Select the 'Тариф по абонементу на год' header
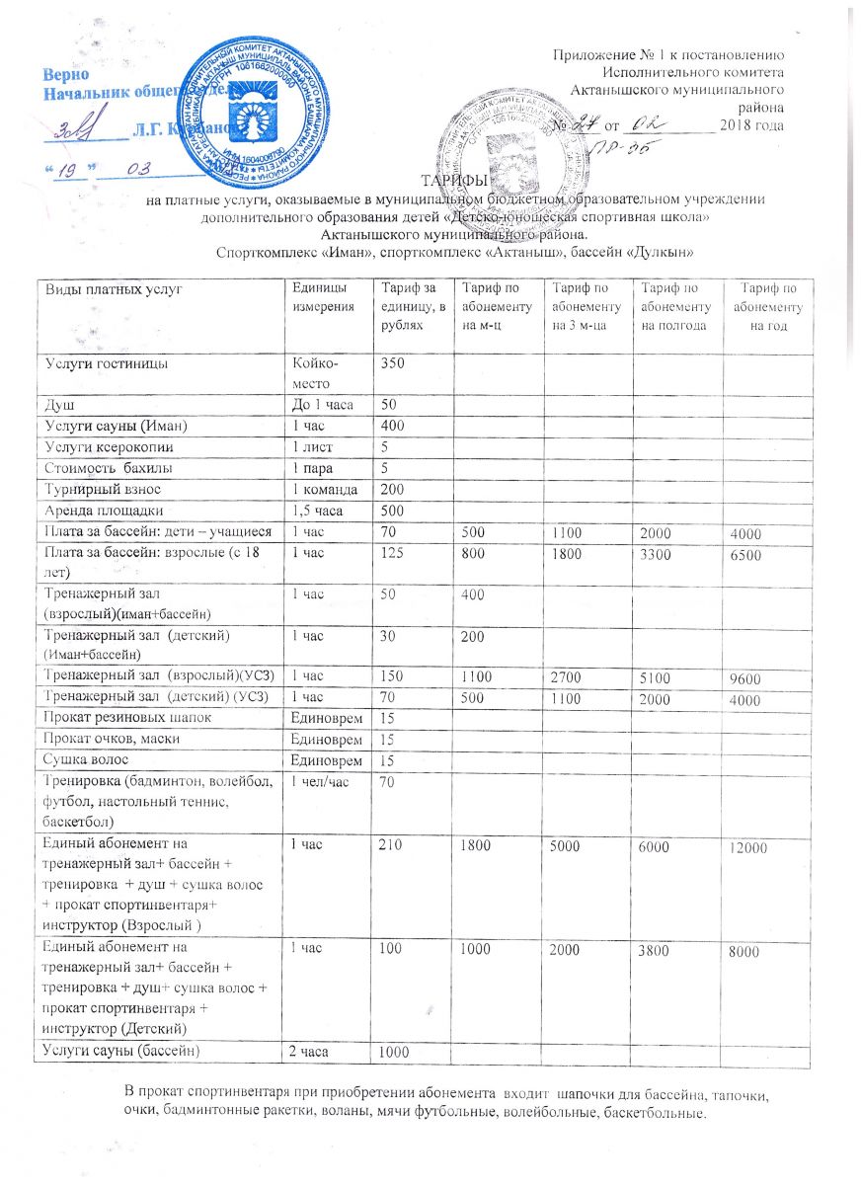click(x=766, y=306)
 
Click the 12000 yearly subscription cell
click(x=748, y=847)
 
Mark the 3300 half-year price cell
click(x=658, y=553)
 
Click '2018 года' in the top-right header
click(x=752, y=124)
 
